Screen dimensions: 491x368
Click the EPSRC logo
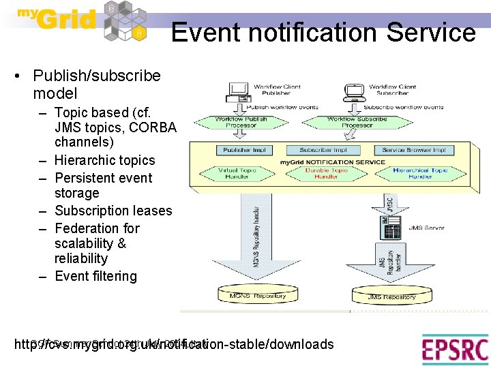click(454, 350)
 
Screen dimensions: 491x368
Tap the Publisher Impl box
click(244, 150)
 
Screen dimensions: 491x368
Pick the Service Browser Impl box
click(414, 150)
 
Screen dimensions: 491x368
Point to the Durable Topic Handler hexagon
click(325, 173)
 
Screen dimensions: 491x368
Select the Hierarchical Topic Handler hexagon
click(420, 173)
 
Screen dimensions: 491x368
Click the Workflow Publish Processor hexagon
click(241, 122)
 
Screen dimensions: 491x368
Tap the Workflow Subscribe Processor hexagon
click(356, 122)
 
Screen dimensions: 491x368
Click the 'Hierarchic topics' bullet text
click(104, 160)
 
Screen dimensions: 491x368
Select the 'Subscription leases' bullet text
click(113, 211)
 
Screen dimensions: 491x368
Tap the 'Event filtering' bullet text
click(95, 276)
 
